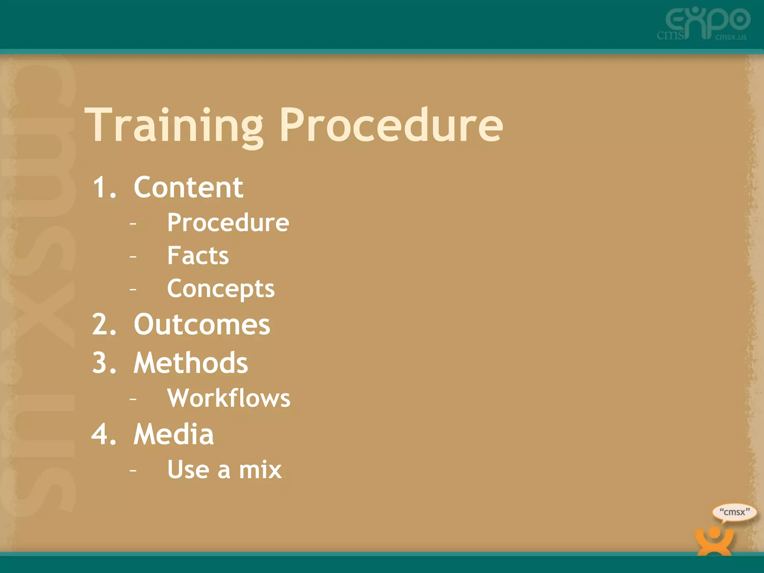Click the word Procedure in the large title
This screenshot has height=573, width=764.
391,125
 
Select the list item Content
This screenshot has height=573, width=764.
188,187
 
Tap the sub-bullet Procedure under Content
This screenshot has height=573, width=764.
228,223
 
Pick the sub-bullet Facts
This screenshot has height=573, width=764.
198,256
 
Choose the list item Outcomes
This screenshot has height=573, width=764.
202,325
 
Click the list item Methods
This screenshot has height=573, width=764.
191,363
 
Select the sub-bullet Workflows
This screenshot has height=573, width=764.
229,398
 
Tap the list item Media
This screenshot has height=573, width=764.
174,434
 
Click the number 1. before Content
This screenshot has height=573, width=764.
104,187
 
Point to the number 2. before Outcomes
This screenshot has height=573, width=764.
104,325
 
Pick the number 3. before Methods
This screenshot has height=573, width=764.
104,363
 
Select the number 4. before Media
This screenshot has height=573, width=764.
104,434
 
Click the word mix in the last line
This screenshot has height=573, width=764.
260,470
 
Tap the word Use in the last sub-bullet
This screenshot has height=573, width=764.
188,470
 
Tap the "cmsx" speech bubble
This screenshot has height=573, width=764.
734,513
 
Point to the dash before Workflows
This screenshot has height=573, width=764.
133,399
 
